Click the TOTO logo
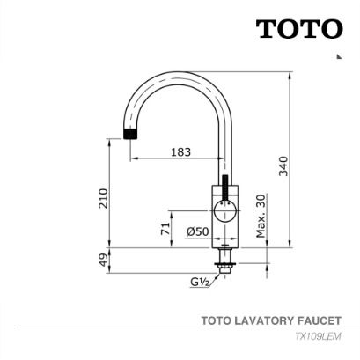click(x=299, y=29)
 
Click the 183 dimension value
click(x=180, y=152)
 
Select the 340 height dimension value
click(x=283, y=166)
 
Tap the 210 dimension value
click(x=103, y=198)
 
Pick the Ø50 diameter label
click(x=198, y=231)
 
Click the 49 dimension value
click(x=103, y=260)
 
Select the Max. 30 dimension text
click(x=261, y=216)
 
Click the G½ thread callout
click(x=200, y=282)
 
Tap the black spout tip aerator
click(x=130, y=134)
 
